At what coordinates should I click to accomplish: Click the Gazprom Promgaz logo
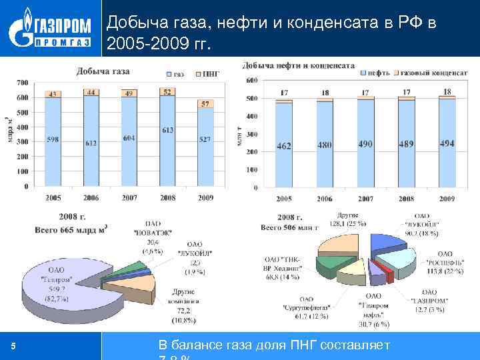(x=51, y=30)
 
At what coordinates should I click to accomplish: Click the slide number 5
(x=13, y=346)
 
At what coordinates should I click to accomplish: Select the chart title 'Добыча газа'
(x=103, y=71)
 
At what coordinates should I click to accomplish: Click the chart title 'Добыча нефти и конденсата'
(x=298, y=65)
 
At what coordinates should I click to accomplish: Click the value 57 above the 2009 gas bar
(x=205, y=104)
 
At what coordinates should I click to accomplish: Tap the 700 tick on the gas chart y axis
(x=22, y=83)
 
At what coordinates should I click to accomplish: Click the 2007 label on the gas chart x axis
(x=129, y=197)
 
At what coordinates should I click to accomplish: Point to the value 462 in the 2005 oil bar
(x=284, y=146)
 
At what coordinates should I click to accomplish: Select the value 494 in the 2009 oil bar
(x=447, y=143)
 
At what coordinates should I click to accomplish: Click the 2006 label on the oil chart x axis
(x=325, y=199)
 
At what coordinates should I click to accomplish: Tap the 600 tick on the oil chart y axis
(x=252, y=80)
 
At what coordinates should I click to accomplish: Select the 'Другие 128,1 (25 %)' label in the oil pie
(x=347, y=219)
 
